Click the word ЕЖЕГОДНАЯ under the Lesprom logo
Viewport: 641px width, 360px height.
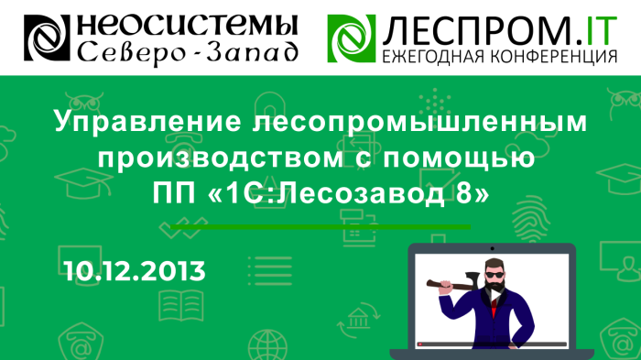[430, 58]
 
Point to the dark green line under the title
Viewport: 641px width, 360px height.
[320, 225]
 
